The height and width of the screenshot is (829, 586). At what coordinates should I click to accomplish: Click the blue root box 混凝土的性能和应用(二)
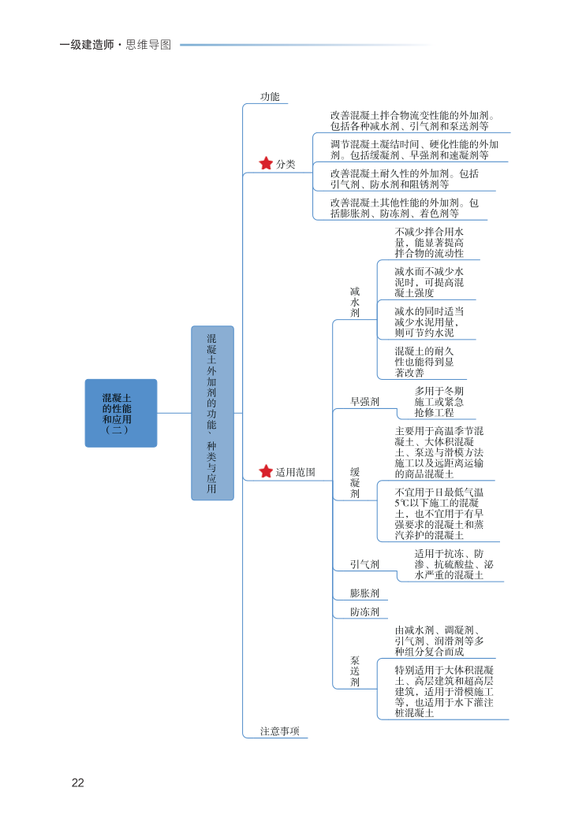[121, 414]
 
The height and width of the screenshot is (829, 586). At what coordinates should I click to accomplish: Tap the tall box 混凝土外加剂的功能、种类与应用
[212, 413]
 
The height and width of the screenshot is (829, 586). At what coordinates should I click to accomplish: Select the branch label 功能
[270, 96]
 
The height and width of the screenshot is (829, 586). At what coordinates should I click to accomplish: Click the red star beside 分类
[266, 164]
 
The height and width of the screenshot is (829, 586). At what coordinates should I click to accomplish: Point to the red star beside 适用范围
[266, 472]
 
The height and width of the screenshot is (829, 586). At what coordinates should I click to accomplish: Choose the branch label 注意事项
[280, 731]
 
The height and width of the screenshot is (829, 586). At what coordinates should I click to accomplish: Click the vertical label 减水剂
[355, 302]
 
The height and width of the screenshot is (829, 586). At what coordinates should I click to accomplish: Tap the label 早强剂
[364, 402]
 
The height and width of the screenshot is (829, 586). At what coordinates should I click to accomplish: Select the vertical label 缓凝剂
[355, 482]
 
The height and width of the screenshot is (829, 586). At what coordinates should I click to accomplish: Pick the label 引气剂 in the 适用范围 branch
[364, 564]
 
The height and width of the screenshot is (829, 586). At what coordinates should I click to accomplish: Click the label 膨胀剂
[364, 593]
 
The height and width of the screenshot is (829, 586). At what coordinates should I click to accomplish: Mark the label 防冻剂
[364, 612]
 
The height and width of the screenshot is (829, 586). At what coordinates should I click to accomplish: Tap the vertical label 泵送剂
[355, 671]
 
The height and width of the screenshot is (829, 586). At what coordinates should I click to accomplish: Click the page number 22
[77, 783]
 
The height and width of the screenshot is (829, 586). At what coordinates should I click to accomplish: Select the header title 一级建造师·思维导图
[115, 45]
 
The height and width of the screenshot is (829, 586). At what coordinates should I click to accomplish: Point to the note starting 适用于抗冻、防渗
[454, 564]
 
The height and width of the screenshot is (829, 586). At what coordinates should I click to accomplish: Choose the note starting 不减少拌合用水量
[429, 243]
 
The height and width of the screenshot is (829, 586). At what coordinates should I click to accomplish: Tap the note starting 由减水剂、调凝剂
[439, 641]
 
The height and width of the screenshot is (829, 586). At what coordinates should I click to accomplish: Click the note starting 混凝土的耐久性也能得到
[424, 362]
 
